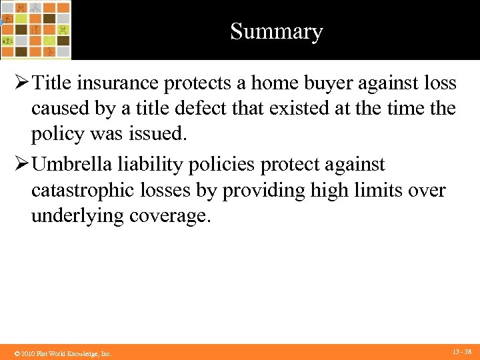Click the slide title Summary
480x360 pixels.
click(x=276, y=31)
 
